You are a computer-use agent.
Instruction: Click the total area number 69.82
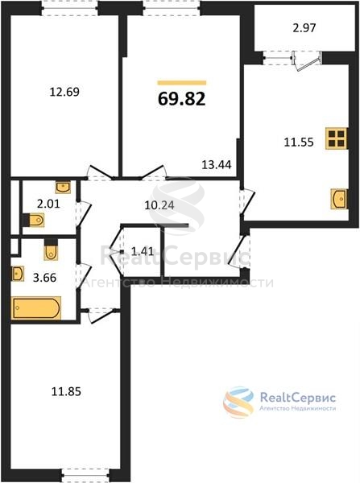(181, 99)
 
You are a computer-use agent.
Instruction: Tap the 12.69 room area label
(64, 92)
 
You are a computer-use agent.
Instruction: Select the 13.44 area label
(217, 165)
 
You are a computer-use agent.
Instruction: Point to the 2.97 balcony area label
(304, 28)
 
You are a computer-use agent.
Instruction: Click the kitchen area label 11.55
(299, 142)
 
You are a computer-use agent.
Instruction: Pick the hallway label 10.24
(159, 205)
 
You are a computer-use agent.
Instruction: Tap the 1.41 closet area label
(143, 252)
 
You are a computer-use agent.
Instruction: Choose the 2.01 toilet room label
(48, 204)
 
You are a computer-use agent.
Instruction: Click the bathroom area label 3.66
(44, 278)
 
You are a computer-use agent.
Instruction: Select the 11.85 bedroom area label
(66, 392)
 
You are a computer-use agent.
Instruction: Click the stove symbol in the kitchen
(336, 138)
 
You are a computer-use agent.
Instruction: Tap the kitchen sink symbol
(338, 199)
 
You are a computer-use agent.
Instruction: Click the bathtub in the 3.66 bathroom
(36, 308)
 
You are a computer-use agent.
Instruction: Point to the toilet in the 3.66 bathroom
(51, 250)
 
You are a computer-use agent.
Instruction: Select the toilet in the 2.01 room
(34, 221)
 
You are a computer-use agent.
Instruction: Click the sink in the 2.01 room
(63, 188)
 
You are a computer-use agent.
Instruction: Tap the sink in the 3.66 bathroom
(18, 274)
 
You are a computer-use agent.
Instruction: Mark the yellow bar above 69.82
(182, 83)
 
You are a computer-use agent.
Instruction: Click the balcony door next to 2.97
(306, 61)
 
